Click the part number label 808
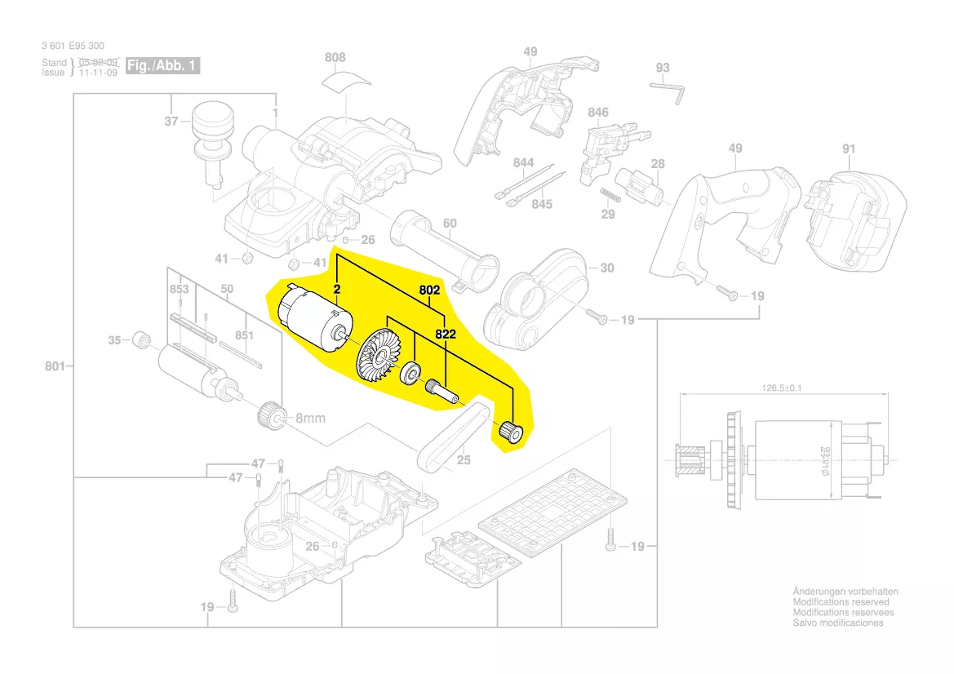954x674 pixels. click(x=335, y=57)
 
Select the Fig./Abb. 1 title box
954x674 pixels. click(x=163, y=65)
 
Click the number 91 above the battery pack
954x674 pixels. click(x=849, y=149)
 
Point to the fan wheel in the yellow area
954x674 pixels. click(x=379, y=354)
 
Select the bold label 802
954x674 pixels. click(x=430, y=290)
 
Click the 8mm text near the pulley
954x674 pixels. click(x=310, y=418)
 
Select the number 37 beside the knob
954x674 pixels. click(x=171, y=122)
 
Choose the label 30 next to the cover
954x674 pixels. click(x=606, y=268)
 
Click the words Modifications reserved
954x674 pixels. click(x=841, y=601)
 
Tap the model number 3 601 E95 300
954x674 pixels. click(x=73, y=46)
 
